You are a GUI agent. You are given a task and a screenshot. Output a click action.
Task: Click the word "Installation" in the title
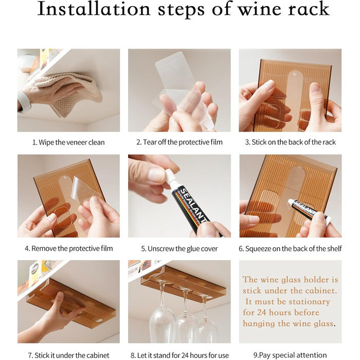point(94,9)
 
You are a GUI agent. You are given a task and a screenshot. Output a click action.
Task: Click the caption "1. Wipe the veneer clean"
point(68,142)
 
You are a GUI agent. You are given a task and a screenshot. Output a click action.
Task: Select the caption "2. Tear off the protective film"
point(179,142)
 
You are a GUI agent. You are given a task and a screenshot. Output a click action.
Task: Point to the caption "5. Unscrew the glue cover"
point(179,248)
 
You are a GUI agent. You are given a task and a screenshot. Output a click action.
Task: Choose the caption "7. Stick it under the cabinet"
point(68,355)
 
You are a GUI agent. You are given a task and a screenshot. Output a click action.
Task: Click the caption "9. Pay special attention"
point(290,355)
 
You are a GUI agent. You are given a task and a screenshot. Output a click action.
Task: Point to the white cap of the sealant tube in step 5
point(169,177)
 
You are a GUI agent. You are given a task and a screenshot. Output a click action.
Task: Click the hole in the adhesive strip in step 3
point(295,74)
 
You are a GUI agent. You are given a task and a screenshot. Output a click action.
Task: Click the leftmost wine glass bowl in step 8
point(162,326)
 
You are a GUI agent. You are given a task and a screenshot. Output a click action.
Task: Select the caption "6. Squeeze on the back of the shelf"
point(290,248)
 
